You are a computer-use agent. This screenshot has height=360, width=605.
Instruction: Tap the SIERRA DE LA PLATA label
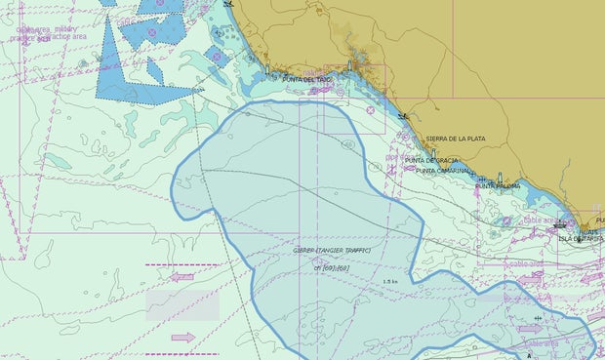pos(455,139)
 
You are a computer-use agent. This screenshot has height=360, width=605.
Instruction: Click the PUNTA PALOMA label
pos(498,185)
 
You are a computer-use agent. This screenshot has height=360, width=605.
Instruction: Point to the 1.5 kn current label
pos(391,282)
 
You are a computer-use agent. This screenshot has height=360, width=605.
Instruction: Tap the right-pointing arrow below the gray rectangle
pos(182,338)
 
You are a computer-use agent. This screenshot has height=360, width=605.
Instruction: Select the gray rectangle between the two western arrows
pos(182,304)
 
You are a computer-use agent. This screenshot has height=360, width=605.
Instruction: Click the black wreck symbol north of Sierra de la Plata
pos(403,115)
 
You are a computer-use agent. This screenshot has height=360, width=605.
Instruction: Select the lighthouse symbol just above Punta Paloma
pos(500,178)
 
